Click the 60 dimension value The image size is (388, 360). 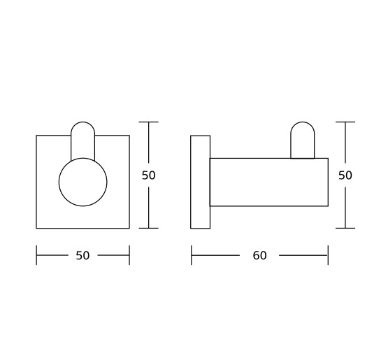click(259, 255)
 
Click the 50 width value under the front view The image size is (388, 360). click(82, 255)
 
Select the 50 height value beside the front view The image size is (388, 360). click(148, 175)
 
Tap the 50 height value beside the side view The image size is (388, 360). click(345, 175)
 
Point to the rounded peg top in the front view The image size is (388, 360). click(83, 122)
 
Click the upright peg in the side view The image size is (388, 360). click(303, 122)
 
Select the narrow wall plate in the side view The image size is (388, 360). click(200, 182)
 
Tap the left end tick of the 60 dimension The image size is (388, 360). click(192, 255)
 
